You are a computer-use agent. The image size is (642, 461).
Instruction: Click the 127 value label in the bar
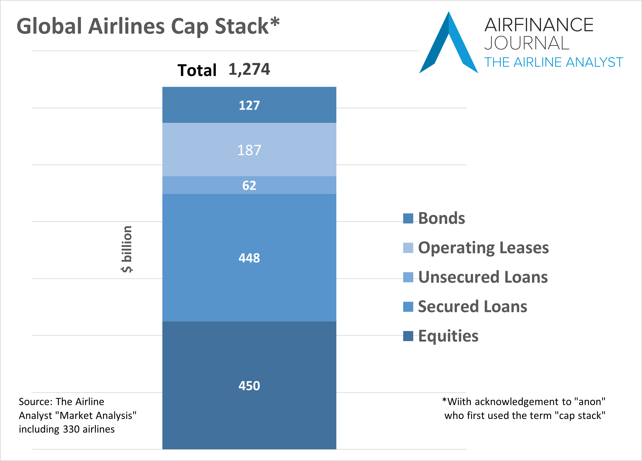[249, 105]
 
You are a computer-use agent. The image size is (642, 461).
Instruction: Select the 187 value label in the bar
[249, 150]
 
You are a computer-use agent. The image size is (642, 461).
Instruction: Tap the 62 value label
[249, 185]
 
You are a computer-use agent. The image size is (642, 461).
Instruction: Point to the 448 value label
[249, 258]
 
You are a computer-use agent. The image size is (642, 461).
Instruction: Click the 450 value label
[249, 386]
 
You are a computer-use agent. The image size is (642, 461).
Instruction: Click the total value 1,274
[249, 69]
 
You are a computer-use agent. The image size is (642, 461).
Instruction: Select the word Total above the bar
[197, 70]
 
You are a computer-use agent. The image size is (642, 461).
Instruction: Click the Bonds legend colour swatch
[408, 218]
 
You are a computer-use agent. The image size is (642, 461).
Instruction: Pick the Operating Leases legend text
[483, 248]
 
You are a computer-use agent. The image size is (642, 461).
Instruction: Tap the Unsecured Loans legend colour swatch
[408, 277]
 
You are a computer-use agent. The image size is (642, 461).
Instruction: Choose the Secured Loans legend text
[472, 307]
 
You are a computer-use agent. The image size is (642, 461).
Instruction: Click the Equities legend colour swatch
[408, 336]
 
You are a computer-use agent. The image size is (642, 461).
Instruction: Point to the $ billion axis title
[127, 249]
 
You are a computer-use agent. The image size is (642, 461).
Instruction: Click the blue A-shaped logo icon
[449, 42]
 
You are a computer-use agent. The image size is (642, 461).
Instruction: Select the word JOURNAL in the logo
[527, 43]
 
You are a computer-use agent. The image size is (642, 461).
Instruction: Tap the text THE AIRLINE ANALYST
[553, 62]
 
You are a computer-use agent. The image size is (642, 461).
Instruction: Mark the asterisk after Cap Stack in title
[274, 22]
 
